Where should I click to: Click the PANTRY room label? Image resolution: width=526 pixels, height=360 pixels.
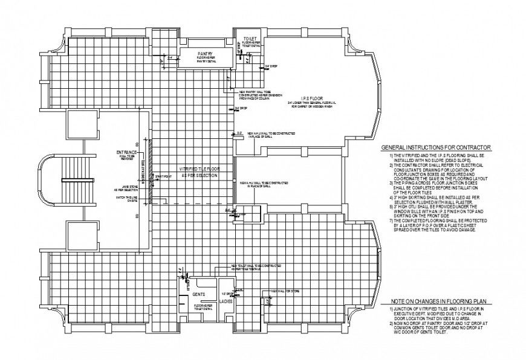[203, 54]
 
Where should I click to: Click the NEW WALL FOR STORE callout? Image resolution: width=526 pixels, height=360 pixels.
[286, 291]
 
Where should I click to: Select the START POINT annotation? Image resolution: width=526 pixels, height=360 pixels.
[162, 176]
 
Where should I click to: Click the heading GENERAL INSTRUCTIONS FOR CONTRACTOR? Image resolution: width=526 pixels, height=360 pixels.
[435, 148]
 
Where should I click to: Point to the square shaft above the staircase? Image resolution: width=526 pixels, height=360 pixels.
[80, 126]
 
